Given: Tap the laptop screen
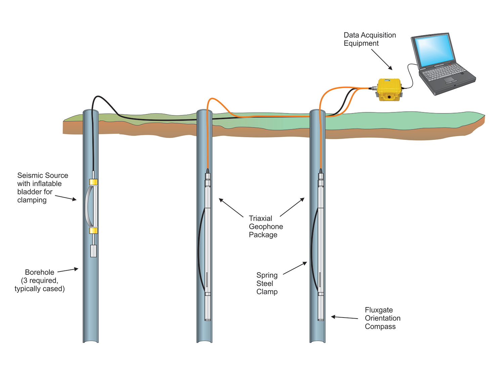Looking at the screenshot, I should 434,50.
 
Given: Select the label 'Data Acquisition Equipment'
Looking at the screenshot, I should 369,39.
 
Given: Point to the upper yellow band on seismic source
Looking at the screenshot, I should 93,182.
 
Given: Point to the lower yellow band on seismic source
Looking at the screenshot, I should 93,230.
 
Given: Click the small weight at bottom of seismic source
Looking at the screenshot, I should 93,251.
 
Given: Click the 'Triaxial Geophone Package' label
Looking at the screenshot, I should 265,226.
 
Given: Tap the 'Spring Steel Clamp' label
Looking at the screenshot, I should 267,283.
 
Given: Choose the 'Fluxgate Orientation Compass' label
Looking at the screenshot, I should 382,318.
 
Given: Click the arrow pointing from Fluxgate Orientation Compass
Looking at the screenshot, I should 344,317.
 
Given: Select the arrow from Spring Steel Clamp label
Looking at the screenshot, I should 295,268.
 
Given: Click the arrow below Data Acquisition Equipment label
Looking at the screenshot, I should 382,60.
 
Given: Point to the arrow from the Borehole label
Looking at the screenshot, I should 68,270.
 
